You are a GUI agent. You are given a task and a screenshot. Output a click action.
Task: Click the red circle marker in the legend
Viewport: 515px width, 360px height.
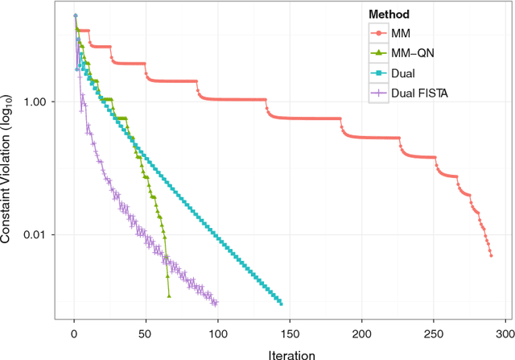point(377,33)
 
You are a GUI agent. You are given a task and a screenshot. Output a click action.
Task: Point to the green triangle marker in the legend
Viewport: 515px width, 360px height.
point(377,52)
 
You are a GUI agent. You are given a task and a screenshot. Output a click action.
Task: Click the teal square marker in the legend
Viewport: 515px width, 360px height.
point(377,72)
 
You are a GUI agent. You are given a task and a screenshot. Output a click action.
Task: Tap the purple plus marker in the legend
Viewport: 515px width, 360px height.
point(377,91)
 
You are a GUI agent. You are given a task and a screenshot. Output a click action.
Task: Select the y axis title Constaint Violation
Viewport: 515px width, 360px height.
point(10,169)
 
